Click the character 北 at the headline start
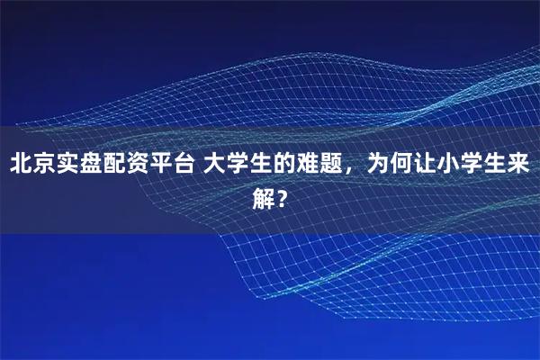[x=22, y=166]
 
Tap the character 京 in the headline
[x=47, y=166]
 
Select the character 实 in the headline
[x=71, y=166]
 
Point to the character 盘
[x=95, y=166]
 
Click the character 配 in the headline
[x=120, y=166]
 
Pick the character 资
[x=144, y=166]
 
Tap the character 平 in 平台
[x=168, y=166]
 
